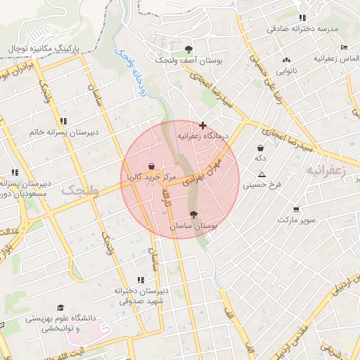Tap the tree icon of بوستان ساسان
pyautogui.click(x=194, y=215)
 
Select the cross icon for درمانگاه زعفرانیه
pyautogui.click(x=203, y=124)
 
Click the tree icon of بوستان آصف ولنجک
pyautogui.click(x=188, y=49)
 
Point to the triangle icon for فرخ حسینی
pyautogui.click(x=262, y=174)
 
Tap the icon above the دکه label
pyautogui.click(x=261, y=148)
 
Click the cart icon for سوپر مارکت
pyautogui.click(x=295, y=209)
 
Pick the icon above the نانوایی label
pyautogui.click(x=285, y=60)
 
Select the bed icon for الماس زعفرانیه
pyautogui.click(x=343, y=47)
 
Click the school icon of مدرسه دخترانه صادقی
pyautogui.click(x=302, y=18)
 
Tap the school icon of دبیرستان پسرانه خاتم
pyautogui.click(x=63, y=121)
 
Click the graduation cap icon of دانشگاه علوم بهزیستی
pyautogui.click(x=60, y=307)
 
